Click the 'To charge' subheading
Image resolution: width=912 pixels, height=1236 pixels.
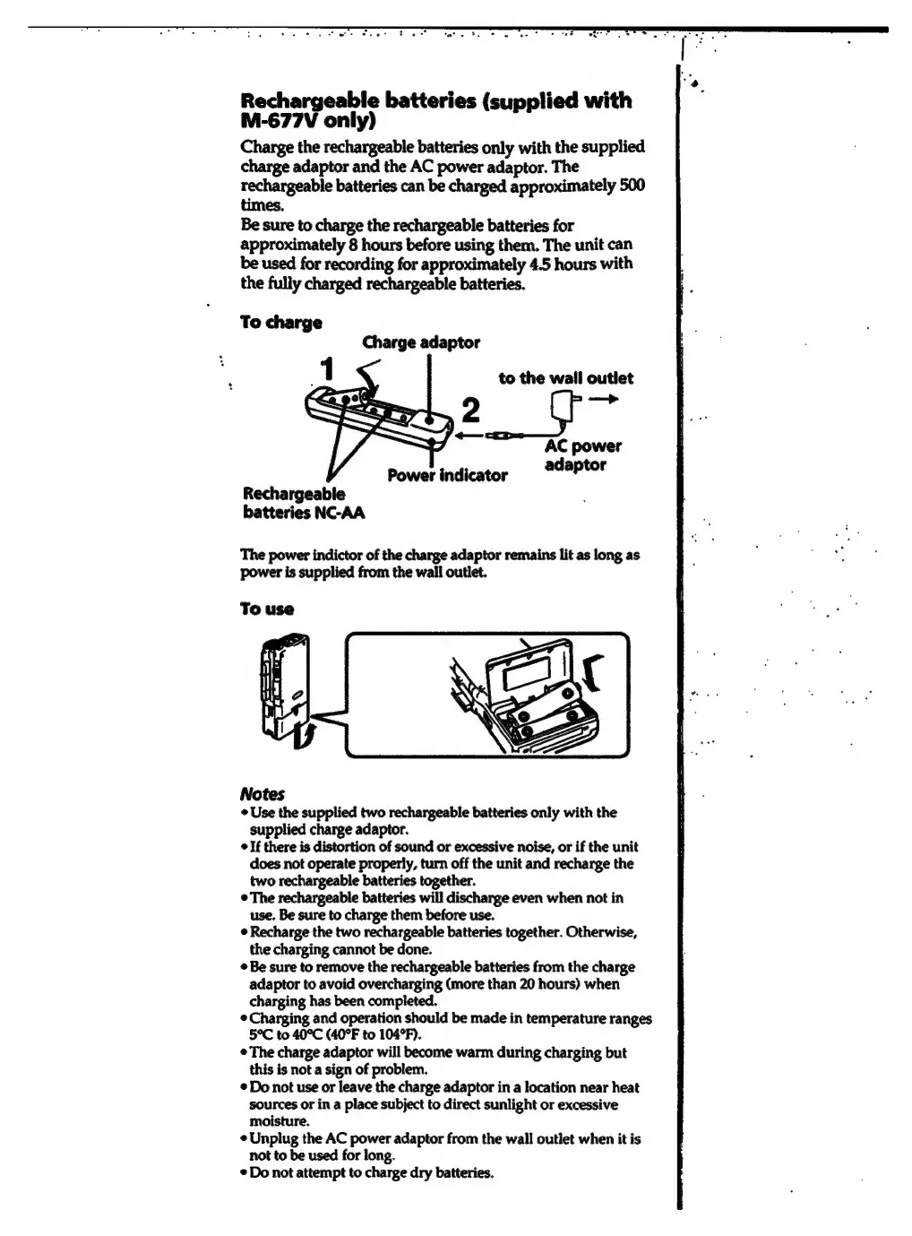(281, 322)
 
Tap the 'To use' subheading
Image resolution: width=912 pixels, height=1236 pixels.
(267, 609)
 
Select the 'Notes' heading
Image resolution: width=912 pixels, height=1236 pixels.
(262, 794)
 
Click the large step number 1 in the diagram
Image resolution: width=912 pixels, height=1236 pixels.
(328, 368)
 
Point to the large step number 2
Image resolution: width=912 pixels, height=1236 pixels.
(470, 411)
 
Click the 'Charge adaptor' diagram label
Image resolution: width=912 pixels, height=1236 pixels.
(421, 342)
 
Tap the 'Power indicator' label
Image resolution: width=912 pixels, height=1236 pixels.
(447, 475)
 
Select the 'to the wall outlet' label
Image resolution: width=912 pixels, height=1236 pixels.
(565, 378)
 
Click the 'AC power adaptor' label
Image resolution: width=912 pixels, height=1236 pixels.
(583, 455)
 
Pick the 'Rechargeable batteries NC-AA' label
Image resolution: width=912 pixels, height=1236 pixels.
(303, 503)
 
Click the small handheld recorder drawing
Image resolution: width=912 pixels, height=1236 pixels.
(284, 690)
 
